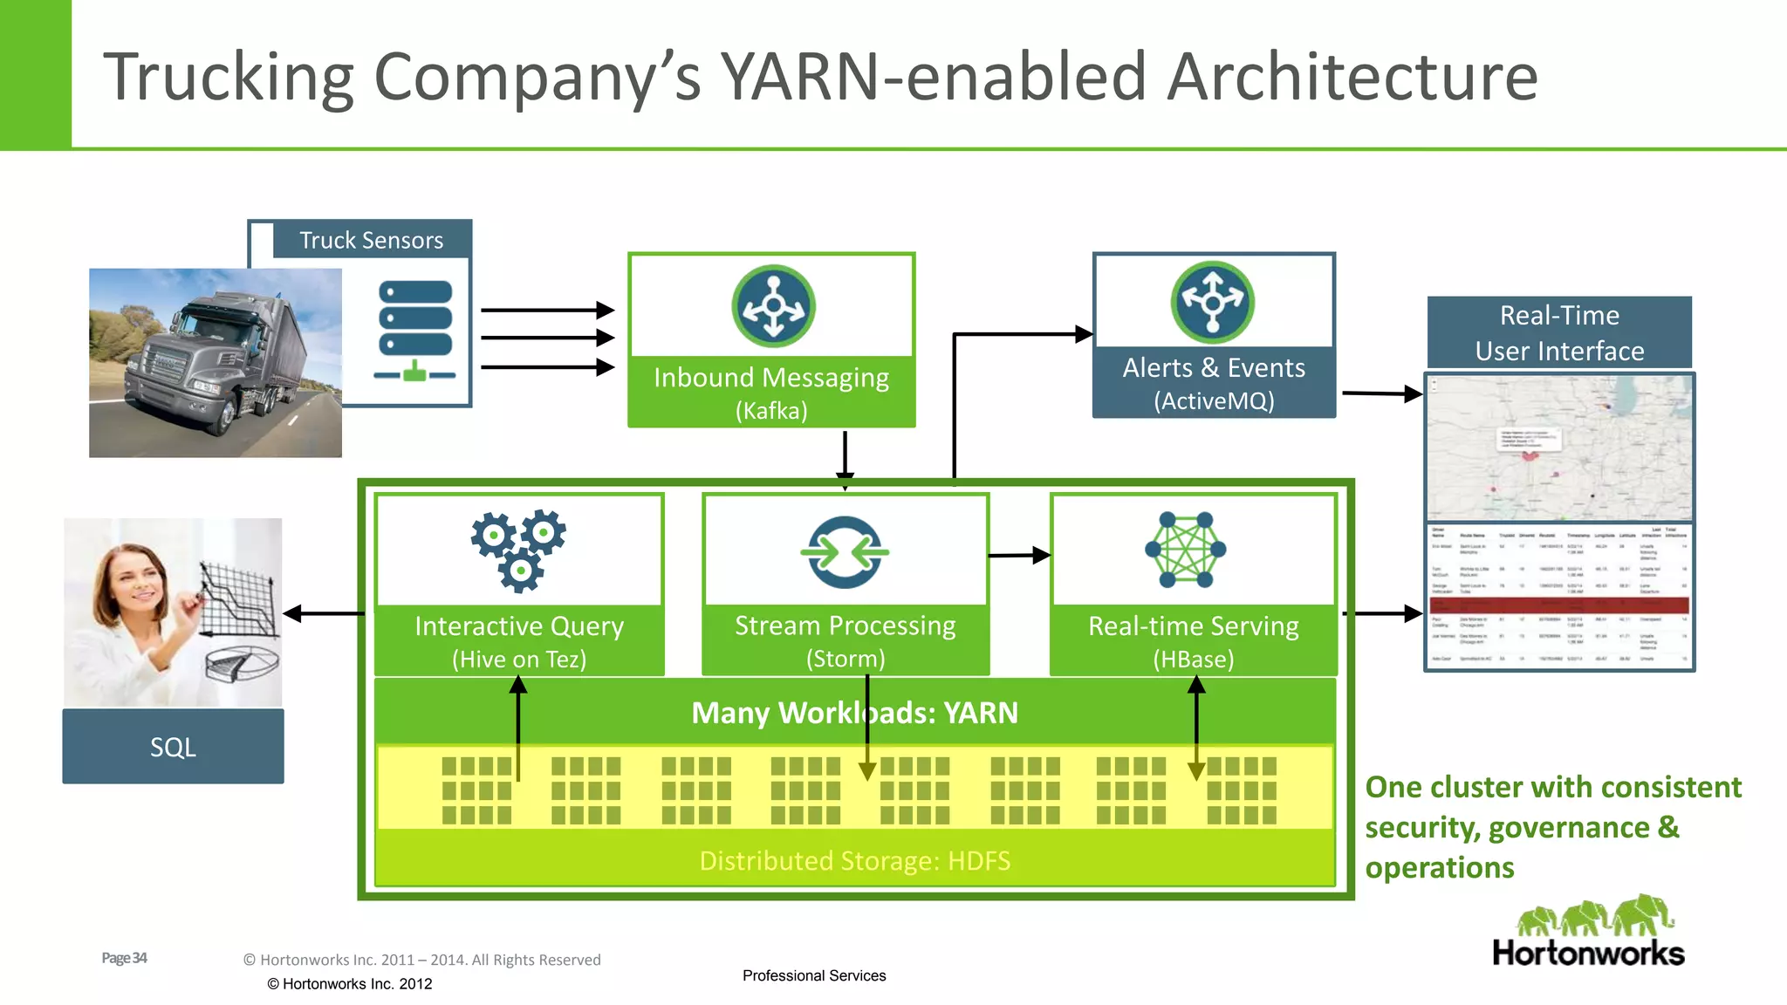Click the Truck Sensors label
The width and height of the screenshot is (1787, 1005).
click(371, 240)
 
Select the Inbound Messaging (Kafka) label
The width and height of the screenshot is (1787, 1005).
click(771, 392)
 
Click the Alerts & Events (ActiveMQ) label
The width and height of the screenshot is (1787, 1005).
click(1214, 383)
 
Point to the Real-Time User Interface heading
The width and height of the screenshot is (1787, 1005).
click(1559, 332)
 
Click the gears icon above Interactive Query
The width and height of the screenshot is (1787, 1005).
click(519, 550)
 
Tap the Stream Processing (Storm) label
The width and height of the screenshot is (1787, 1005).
click(845, 640)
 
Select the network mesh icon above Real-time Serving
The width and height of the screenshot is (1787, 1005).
click(1186, 550)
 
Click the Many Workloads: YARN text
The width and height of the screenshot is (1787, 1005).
click(854, 713)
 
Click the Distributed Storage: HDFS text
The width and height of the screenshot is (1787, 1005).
click(854, 860)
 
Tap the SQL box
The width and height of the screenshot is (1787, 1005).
click(173, 747)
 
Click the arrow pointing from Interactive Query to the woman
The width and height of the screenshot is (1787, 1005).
click(323, 614)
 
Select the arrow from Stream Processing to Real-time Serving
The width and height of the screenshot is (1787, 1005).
click(1019, 555)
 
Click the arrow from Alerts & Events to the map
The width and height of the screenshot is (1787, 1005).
click(1382, 393)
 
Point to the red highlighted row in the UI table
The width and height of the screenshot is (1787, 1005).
click(1559, 605)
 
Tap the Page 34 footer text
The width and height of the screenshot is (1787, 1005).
click(124, 958)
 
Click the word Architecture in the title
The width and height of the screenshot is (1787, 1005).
click(1352, 77)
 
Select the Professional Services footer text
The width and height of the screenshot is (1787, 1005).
click(814, 975)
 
